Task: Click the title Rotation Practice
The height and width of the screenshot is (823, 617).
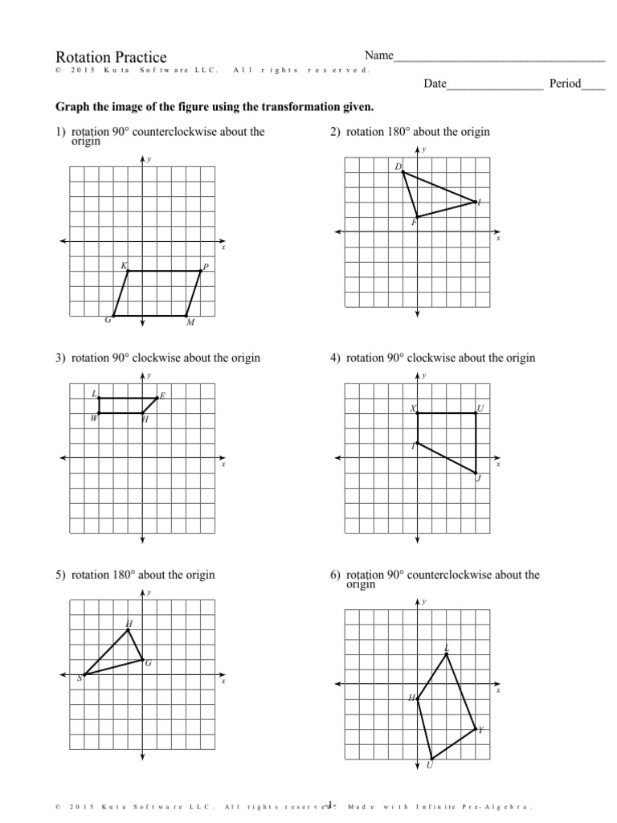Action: [111, 57]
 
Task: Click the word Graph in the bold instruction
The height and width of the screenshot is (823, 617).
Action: [72, 107]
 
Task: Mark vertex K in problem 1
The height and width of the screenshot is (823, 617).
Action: [128, 271]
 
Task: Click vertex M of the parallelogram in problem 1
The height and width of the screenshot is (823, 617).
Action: [186, 316]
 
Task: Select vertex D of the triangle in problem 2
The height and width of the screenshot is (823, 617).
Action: [402, 172]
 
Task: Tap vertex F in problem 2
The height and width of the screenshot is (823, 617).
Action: [417, 216]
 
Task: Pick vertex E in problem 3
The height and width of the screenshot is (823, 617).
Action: [157, 398]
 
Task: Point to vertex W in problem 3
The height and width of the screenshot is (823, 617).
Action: [98, 413]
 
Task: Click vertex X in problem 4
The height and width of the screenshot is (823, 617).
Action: [418, 413]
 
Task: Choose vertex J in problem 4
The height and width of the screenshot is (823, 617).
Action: [476, 473]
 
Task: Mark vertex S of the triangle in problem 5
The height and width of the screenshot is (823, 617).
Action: [84, 674]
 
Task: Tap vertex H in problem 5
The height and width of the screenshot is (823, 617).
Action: [128, 629]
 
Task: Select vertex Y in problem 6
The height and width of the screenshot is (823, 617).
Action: [476, 729]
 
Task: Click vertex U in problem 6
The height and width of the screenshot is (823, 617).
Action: [431, 759]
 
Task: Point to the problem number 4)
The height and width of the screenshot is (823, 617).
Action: [336, 358]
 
